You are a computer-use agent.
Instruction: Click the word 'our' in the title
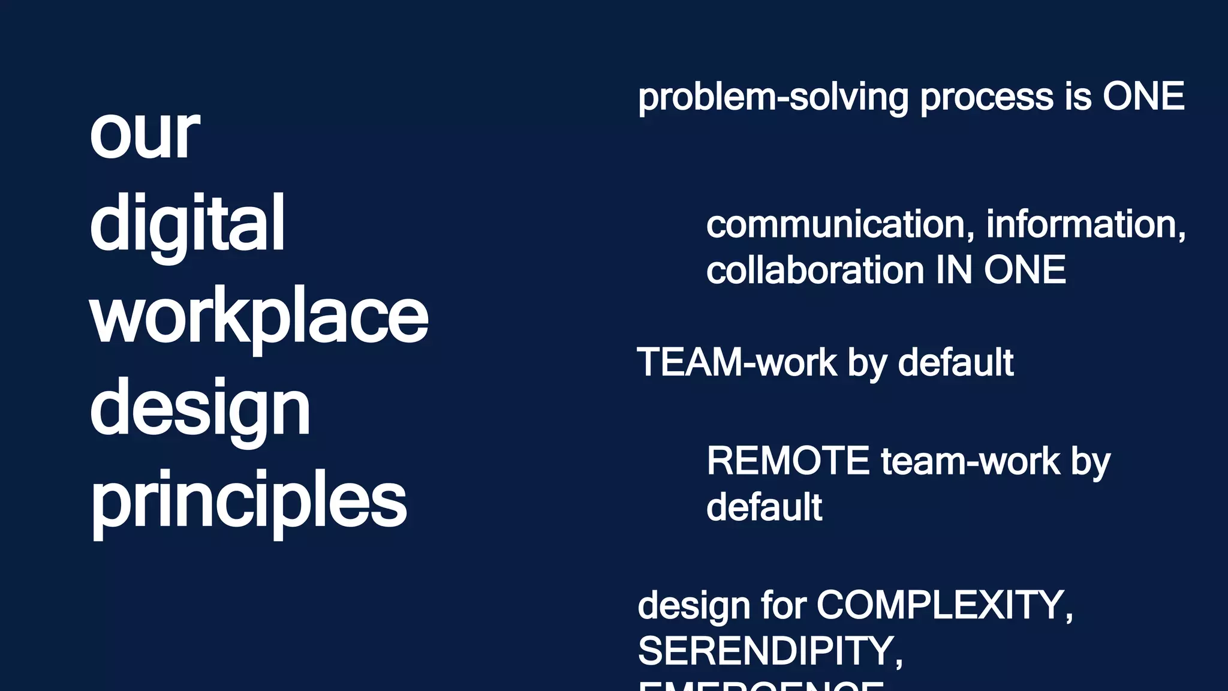coord(144,134)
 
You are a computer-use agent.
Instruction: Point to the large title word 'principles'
coord(249,500)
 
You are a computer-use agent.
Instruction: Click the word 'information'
coord(1085,224)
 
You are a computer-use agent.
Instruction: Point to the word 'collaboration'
coord(815,271)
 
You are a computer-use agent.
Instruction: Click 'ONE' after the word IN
coord(1025,271)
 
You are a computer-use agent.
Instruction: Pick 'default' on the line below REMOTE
coord(764,507)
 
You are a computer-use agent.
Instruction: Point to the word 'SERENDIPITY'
coord(769,651)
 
